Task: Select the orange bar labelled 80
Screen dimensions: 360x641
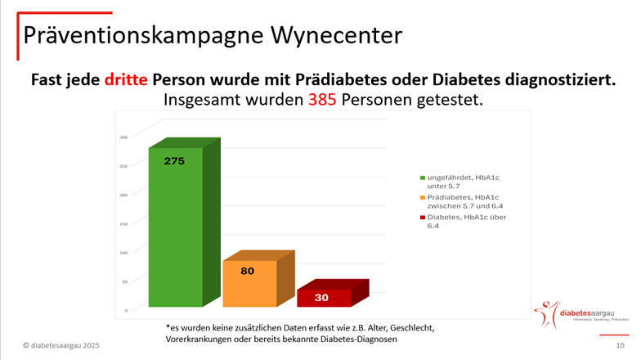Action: pos(249,284)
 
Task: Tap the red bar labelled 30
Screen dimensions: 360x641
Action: pos(323,297)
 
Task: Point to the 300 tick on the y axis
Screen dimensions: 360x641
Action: pos(124,137)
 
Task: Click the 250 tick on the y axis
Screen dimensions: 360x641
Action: pos(124,166)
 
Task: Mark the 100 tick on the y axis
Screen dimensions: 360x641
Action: pos(124,253)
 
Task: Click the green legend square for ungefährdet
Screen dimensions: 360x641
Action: pos(423,178)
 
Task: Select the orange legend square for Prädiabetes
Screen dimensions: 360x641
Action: pos(423,197)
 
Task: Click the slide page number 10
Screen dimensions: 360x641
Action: pos(620,347)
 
